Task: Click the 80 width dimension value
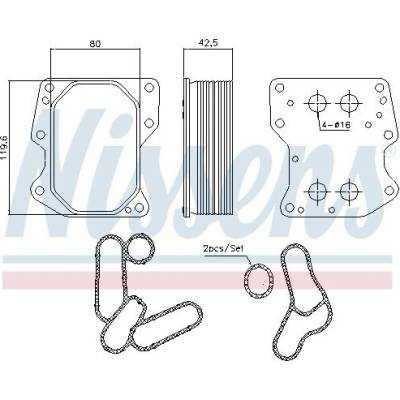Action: pyautogui.click(x=95, y=43)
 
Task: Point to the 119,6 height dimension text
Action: pyautogui.click(x=5, y=147)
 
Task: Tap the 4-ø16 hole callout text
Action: pyautogui.click(x=335, y=125)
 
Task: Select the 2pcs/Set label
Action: pyautogui.click(x=223, y=248)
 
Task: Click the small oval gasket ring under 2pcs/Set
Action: pyautogui.click(x=258, y=280)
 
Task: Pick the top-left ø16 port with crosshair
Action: pyautogui.click(x=317, y=103)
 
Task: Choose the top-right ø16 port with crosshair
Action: pyautogui.click(x=349, y=103)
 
